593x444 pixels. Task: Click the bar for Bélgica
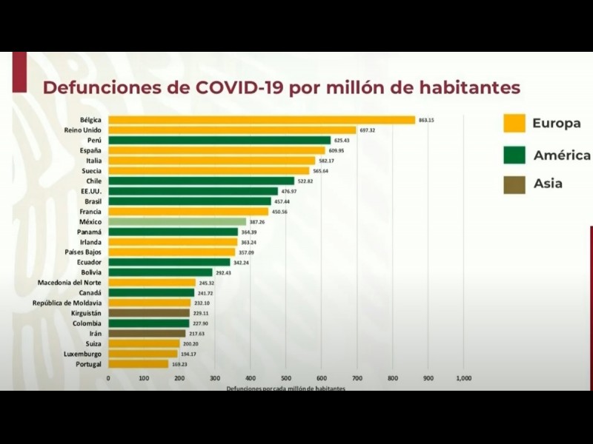pyautogui.click(x=262, y=120)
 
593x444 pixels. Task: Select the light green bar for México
pyautogui.click(x=177, y=221)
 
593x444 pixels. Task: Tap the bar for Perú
pyautogui.click(x=219, y=140)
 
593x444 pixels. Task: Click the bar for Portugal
pyautogui.click(x=139, y=364)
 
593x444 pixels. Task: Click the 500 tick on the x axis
pyautogui.click(x=286, y=378)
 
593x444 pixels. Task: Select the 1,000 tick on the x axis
pyautogui.click(x=464, y=378)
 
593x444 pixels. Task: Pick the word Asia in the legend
pyautogui.click(x=548, y=184)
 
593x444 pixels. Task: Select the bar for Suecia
pyautogui.click(x=208, y=171)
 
